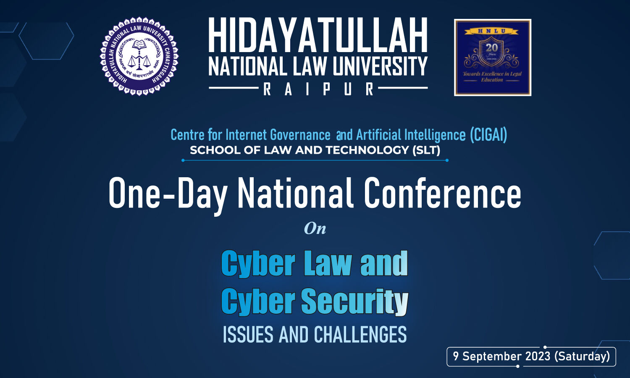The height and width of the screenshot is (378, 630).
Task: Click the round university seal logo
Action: (139, 56)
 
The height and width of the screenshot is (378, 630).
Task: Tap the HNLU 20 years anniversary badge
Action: (492, 58)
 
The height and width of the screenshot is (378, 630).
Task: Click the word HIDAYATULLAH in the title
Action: (318, 36)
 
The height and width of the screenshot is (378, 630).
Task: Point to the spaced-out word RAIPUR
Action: (318, 89)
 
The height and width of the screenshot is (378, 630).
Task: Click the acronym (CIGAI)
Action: (488, 135)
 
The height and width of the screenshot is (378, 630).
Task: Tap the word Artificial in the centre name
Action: (379, 135)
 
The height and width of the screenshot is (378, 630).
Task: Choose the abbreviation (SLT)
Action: (426, 150)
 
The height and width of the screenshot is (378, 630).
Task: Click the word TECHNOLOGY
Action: (367, 150)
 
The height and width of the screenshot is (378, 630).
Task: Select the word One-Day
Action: (168, 194)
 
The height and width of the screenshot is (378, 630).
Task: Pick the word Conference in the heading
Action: (442, 193)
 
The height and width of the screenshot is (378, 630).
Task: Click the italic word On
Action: (315, 228)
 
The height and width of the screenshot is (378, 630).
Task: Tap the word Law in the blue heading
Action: (328, 264)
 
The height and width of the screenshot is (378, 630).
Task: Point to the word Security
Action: (354, 302)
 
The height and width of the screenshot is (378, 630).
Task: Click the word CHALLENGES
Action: (360, 335)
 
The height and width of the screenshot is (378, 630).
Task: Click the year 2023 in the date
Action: (537, 356)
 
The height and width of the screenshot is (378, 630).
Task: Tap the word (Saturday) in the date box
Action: (582, 356)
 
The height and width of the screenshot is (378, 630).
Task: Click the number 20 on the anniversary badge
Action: (492, 47)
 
